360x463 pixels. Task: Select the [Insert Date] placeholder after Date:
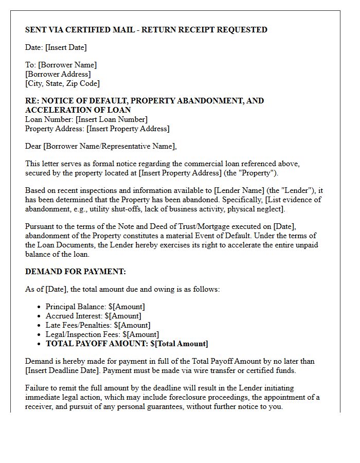(66, 47)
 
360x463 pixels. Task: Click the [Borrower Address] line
(58, 74)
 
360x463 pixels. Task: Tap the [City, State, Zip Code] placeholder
(62, 83)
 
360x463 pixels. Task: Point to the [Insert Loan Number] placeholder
(112, 119)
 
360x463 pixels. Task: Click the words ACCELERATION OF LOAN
(78, 110)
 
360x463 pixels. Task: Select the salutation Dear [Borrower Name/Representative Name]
(101, 146)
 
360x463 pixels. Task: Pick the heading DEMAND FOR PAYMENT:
(76, 272)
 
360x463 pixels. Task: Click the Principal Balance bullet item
(95, 307)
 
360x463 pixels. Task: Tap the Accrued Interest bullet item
(93, 316)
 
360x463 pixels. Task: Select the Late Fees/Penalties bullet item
(98, 325)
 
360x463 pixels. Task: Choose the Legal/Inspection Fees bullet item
(102, 334)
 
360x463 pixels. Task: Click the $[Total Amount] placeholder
(179, 344)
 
